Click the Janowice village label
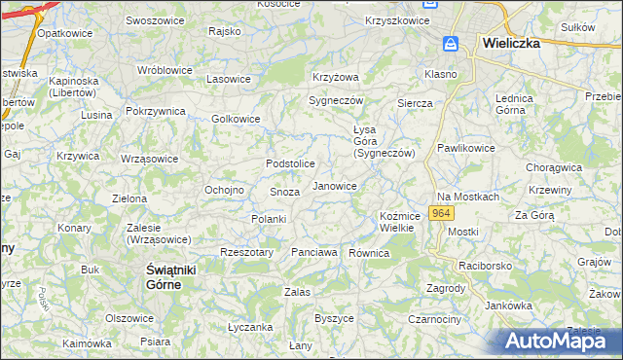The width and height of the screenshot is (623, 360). coord(334,186)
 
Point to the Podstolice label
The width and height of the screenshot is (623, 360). coord(291,163)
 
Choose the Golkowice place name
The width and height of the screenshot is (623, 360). coord(236,120)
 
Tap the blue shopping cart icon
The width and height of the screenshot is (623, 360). coord(451,45)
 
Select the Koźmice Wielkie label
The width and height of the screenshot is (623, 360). coord(399,222)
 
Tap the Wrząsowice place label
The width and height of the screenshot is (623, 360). coord(151,159)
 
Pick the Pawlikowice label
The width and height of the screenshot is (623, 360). coord(465,148)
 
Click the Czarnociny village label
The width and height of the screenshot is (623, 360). coord(434,318)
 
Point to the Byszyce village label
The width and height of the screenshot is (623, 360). coord(334,318)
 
